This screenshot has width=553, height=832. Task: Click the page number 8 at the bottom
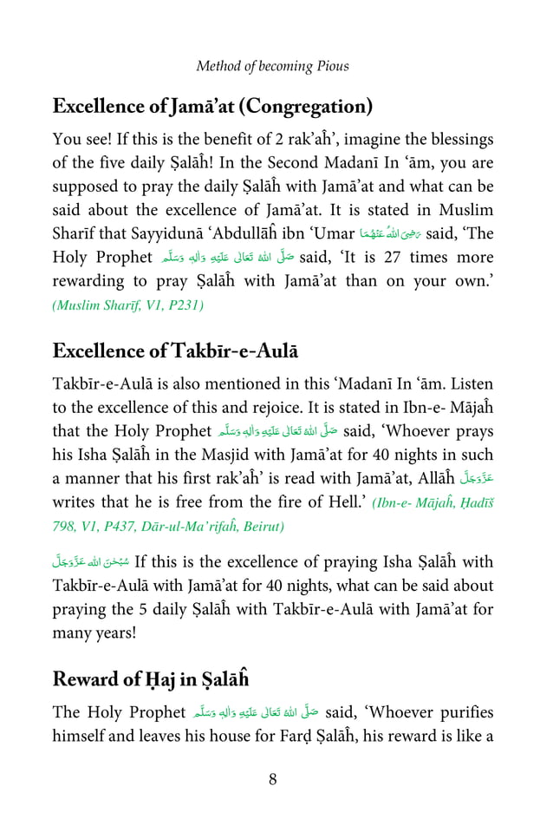(x=272, y=778)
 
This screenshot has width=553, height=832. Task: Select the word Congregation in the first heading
(x=305, y=108)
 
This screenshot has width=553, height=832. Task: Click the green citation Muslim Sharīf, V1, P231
(x=128, y=305)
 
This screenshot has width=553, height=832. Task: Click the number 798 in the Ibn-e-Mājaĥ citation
(x=67, y=526)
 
